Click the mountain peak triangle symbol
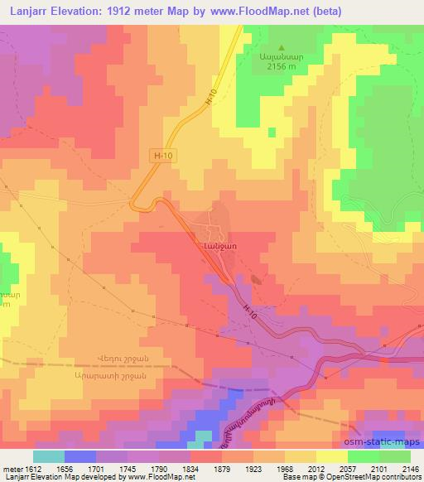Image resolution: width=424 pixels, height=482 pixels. tap(282, 47)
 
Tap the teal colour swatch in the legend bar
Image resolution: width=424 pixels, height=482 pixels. tap(49, 456)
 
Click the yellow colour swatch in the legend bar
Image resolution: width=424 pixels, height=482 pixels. tap(332, 456)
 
